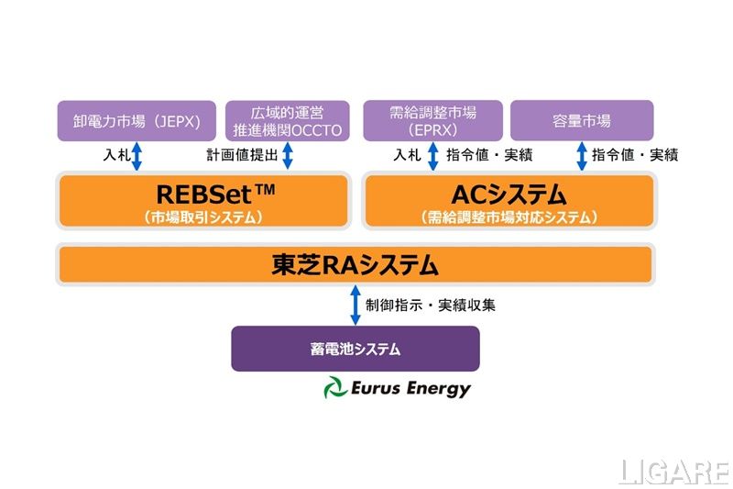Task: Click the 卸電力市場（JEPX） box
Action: [137, 121]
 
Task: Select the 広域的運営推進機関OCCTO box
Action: [287, 121]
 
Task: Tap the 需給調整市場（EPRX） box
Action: [433, 121]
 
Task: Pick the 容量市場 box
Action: [582, 121]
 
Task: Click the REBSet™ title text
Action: [203, 194]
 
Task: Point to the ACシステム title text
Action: [509, 194]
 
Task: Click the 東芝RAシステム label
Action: [355, 265]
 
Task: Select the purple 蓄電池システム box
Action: [356, 350]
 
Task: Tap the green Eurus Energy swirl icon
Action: [334, 389]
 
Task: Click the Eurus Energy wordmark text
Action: [410, 389]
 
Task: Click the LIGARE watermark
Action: [673, 472]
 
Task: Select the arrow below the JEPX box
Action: [137, 156]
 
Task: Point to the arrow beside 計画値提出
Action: [287, 156]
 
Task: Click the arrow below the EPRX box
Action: [433, 156]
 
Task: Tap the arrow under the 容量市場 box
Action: [582, 156]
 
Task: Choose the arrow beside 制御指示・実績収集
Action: [355, 305]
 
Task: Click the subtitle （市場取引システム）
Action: [203, 217]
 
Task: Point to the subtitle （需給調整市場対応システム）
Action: [509, 217]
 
